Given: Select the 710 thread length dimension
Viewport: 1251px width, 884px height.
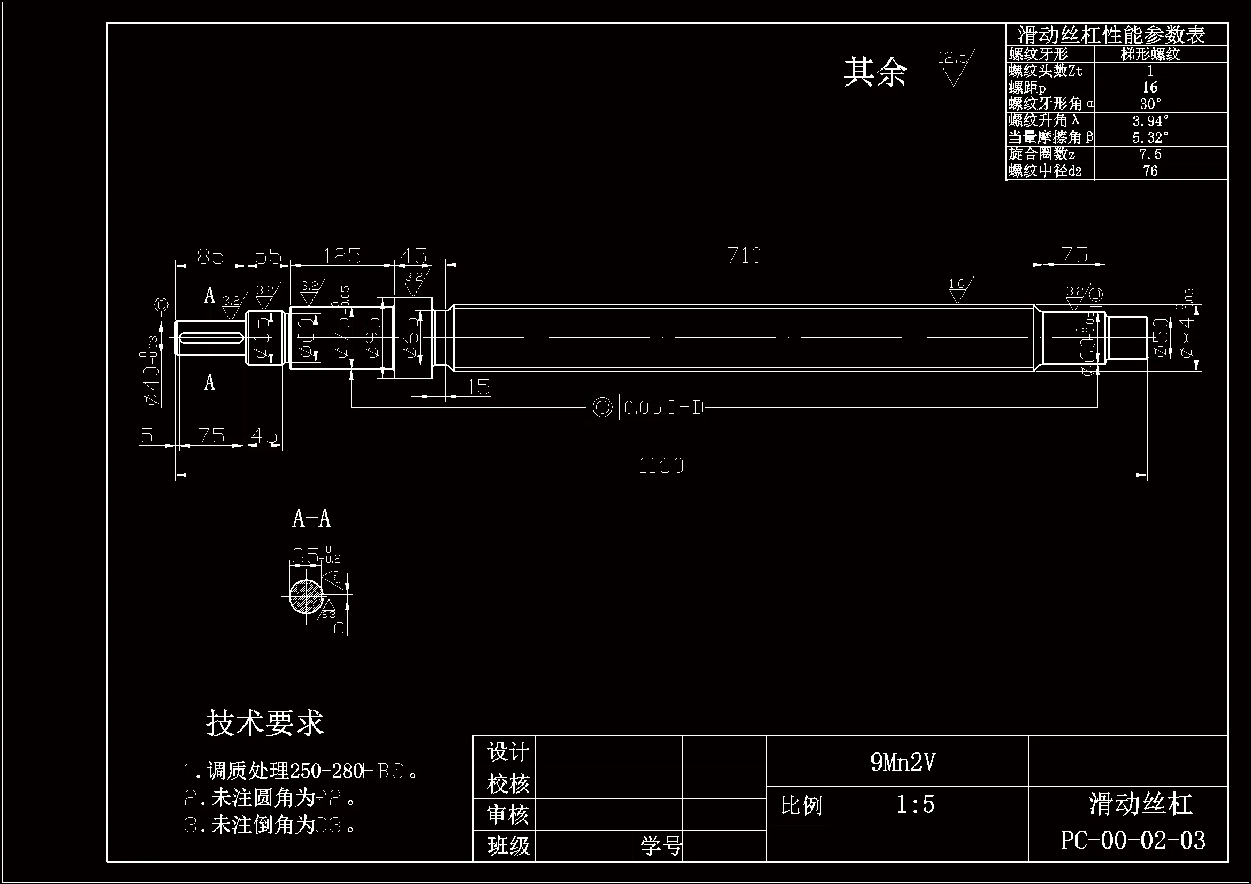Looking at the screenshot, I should point(744,256).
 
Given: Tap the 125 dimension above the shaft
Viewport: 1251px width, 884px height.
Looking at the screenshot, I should point(342,256).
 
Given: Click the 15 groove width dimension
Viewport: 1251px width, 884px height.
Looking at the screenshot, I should point(478,387).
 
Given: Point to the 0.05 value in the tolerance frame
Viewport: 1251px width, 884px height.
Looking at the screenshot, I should point(643,408).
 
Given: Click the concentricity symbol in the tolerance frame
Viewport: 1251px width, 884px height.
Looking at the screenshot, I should point(602,408).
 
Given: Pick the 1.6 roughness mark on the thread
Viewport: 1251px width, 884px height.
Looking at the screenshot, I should point(957,290).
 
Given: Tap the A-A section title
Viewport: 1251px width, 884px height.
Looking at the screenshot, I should point(311,519).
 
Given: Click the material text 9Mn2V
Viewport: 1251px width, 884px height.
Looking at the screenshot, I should point(902,762).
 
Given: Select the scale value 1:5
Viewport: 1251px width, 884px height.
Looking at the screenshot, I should point(916,804).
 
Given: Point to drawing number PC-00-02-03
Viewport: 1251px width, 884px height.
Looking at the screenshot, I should point(1133,841).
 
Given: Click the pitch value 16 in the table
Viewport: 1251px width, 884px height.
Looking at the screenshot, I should point(1150,88).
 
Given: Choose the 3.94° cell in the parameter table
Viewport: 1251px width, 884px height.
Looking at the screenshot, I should point(1150,121).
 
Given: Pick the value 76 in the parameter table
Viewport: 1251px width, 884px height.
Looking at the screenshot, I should point(1150,171).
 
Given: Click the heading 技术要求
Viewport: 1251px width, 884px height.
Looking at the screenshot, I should point(265,724).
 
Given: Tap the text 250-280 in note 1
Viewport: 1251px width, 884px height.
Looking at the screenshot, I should point(326,771).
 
